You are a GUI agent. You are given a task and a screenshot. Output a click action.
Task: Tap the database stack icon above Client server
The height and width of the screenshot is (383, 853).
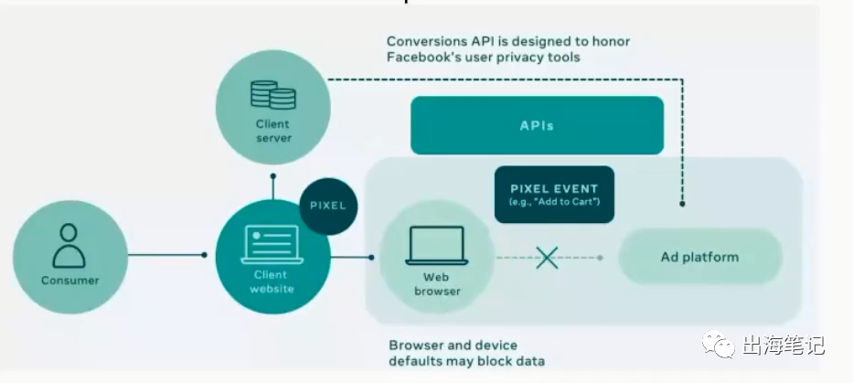point(273,95)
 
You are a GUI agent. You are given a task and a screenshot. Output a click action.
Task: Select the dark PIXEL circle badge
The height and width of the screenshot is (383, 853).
point(328,206)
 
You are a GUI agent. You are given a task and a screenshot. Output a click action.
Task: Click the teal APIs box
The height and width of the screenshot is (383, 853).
point(537,125)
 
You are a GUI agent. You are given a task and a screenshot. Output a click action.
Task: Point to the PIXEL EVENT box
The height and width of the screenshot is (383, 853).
point(554,194)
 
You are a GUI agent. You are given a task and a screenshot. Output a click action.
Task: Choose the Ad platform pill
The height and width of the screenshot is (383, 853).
point(700,257)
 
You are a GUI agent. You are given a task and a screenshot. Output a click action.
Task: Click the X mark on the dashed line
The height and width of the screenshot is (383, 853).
point(547,258)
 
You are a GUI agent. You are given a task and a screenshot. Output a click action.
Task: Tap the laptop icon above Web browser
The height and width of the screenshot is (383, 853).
point(437,245)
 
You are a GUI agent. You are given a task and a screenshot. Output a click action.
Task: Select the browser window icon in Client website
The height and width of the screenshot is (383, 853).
point(272,244)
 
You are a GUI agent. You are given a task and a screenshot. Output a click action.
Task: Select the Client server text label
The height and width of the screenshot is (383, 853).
point(273,131)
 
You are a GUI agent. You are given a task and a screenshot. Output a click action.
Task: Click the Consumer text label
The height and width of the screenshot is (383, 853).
point(70,281)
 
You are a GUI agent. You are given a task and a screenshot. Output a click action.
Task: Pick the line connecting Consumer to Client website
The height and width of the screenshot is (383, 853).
point(166,255)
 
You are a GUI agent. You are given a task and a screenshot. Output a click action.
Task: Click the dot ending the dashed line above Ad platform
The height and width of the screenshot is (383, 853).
point(682,204)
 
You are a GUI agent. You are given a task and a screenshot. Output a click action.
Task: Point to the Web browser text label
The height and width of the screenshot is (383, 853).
point(437,284)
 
